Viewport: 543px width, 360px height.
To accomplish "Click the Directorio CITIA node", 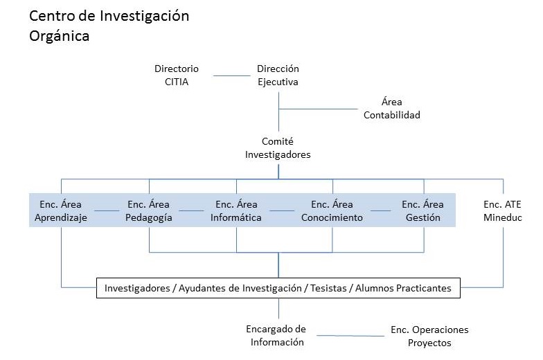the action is click(177, 75).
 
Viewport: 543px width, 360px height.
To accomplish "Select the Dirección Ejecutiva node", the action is click(278, 75).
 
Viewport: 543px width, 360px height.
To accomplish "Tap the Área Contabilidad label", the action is click(392, 108).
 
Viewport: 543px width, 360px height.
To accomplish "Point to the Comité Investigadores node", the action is click(278, 148).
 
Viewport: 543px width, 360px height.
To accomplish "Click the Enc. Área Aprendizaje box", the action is click(61, 210).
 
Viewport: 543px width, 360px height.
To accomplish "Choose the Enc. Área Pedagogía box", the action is click(149, 210).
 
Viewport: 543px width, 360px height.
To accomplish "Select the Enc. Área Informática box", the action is click(236, 210).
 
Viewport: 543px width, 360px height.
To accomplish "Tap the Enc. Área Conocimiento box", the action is click(332, 210).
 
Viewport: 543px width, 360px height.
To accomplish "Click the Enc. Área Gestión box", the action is click(422, 210).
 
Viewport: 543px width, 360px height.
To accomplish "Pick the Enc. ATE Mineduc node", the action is click(503, 210).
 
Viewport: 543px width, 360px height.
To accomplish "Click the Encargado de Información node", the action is click(276, 335).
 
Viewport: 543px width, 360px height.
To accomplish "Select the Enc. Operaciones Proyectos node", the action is click(429, 336).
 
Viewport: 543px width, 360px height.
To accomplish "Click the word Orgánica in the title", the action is click(60, 36).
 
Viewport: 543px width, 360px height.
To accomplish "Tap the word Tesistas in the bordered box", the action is click(328, 288).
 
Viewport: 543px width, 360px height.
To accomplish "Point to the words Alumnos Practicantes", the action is click(403, 288).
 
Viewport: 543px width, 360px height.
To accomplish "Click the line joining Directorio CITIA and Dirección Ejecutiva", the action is click(231, 75).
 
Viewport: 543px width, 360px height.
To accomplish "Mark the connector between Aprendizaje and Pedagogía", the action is click(107, 210).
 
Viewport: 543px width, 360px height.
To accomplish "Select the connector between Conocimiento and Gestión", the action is click(381, 210).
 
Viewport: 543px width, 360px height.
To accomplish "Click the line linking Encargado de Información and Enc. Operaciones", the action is click(350, 335).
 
